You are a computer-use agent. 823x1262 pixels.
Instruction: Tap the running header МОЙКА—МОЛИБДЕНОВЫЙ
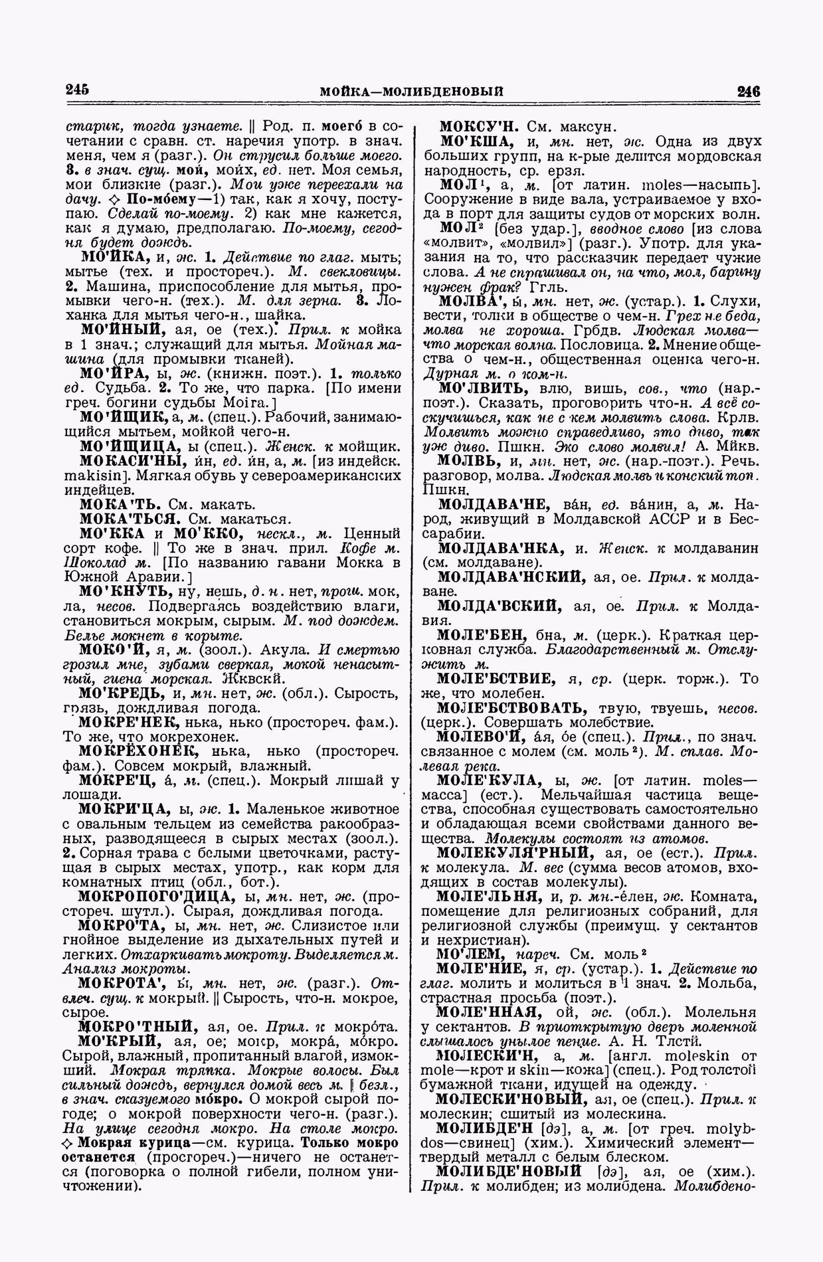point(411,91)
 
